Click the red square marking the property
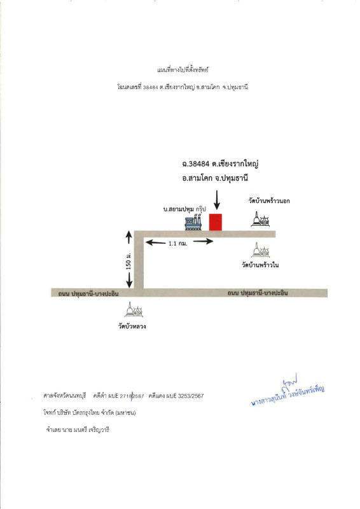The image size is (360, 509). coord(216,223)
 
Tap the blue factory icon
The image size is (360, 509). coord(193,223)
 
